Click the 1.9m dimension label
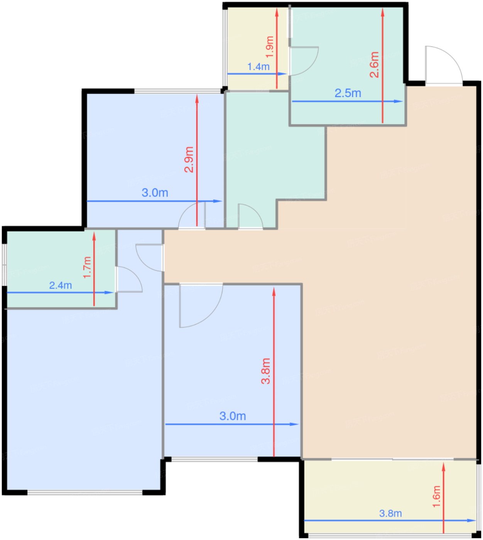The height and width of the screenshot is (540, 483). tap(270, 47)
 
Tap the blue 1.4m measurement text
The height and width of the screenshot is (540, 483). tap(258, 66)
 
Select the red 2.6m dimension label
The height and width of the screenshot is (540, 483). tap(374, 65)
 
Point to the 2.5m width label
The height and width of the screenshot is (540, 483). tap(348, 93)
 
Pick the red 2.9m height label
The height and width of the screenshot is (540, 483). tap(189, 159)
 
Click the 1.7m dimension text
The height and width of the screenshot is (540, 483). tap(87, 267)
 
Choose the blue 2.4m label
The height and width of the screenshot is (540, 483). tap(61, 285)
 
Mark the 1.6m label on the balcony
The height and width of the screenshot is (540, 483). tap(436, 496)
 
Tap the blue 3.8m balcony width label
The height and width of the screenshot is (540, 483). tap(390, 513)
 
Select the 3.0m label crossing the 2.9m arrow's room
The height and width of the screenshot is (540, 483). tap(155, 192)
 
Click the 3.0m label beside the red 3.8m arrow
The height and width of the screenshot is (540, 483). tap(233, 416)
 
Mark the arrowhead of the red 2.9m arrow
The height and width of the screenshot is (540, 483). tap(197, 99)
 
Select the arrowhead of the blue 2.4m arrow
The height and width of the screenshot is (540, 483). tap(109, 292)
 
